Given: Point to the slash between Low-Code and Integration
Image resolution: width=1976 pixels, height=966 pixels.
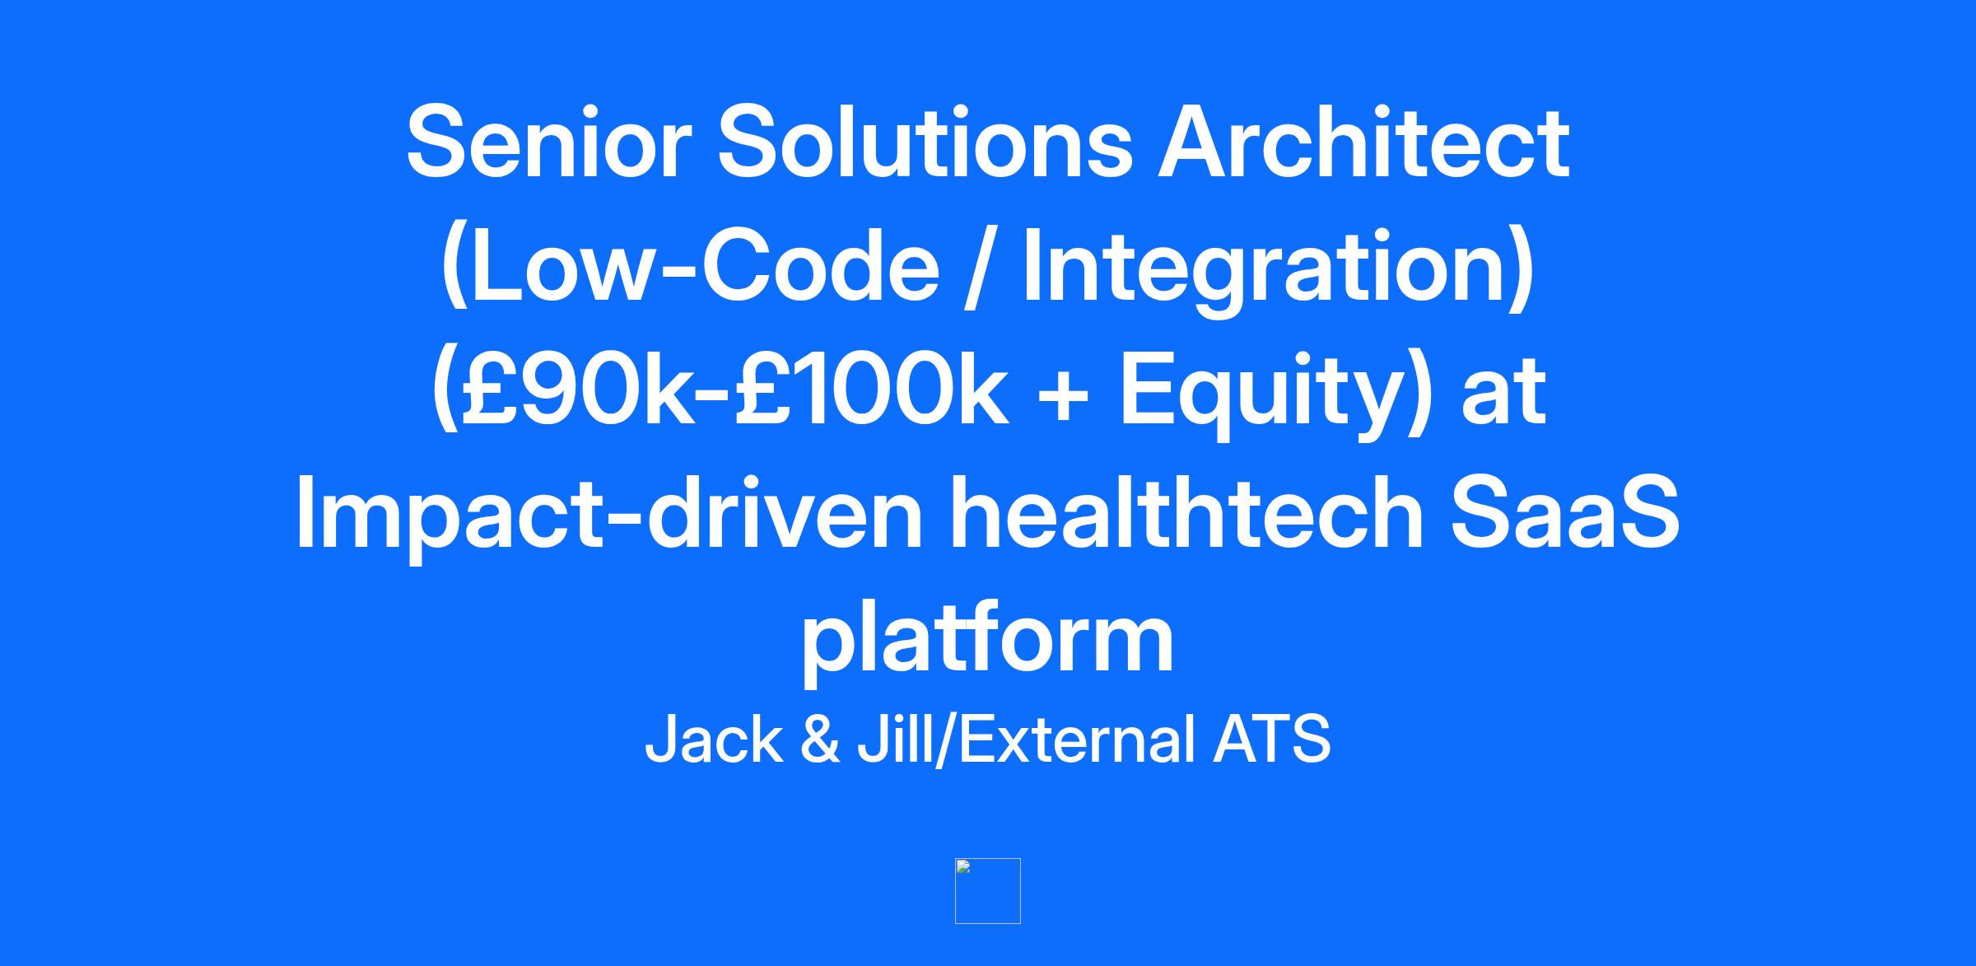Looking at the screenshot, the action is coord(979,265).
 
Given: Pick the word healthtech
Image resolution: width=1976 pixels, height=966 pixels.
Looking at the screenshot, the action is coord(1187,511).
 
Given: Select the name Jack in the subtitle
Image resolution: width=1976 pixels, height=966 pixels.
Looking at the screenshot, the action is coord(714,739).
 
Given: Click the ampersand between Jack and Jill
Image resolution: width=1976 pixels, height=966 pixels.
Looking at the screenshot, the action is coord(820,740).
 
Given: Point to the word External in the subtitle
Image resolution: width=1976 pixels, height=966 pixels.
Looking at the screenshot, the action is coord(1077,739).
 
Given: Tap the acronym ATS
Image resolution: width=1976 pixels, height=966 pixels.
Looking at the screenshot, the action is coord(1271,740).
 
